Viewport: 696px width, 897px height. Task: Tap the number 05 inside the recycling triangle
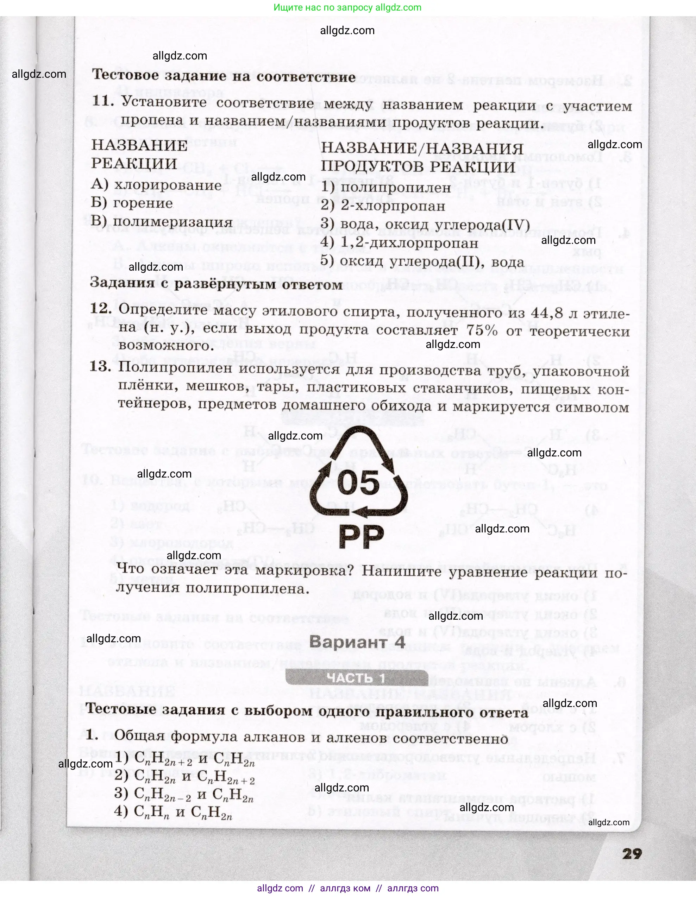click(x=358, y=482)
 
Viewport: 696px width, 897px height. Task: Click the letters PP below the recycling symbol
click(x=361, y=536)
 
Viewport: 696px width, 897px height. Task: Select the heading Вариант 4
click(x=357, y=642)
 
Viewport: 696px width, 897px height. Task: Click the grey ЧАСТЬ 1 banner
click(x=357, y=678)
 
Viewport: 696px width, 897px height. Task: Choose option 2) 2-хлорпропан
click(x=383, y=206)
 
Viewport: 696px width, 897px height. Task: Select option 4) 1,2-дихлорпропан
click(x=399, y=243)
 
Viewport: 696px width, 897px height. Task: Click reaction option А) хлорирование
click(x=156, y=185)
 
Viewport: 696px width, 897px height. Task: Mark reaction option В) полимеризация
click(x=162, y=221)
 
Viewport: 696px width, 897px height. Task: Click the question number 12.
click(x=101, y=309)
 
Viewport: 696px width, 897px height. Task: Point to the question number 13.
click(x=100, y=366)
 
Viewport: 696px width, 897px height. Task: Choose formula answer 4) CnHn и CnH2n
click(x=173, y=811)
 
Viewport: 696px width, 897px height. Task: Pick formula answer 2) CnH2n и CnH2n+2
click(x=184, y=776)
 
